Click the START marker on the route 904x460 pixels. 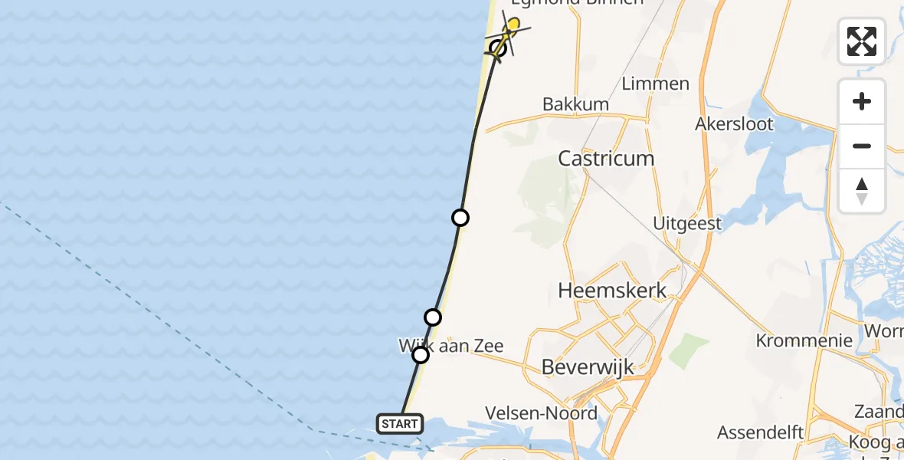[400, 423]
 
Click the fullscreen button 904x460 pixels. [862, 41]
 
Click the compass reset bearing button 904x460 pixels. [862, 191]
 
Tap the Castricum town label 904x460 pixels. [606, 159]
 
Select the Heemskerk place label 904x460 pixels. [612, 291]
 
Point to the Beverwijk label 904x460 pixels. [588, 366]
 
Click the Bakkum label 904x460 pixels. [575, 104]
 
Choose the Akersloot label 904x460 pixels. [735, 123]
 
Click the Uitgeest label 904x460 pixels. [687, 223]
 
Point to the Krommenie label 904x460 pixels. [804, 340]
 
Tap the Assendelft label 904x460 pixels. [760, 432]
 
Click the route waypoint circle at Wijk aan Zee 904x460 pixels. [421, 355]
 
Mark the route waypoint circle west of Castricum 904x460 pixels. [460, 218]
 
